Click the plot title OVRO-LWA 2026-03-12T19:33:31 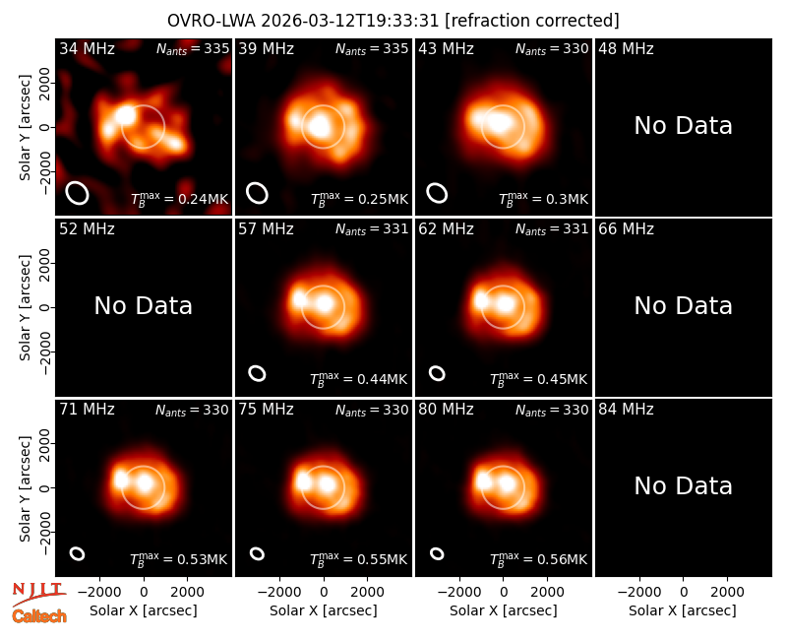click(303, 21)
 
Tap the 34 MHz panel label click(87, 48)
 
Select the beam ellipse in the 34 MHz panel click(78, 193)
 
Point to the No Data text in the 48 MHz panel click(683, 126)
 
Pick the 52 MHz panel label click(87, 229)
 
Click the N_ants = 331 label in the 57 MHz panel click(372, 229)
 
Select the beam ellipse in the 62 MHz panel click(437, 373)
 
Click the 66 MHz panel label click(626, 229)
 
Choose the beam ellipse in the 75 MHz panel click(257, 553)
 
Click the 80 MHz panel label click(446, 410)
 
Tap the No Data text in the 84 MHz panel click(683, 486)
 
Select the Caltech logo click(39, 616)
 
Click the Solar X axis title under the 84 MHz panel click(683, 610)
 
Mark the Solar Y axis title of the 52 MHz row click(26, 307)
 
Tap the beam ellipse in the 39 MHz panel click(257, 193)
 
